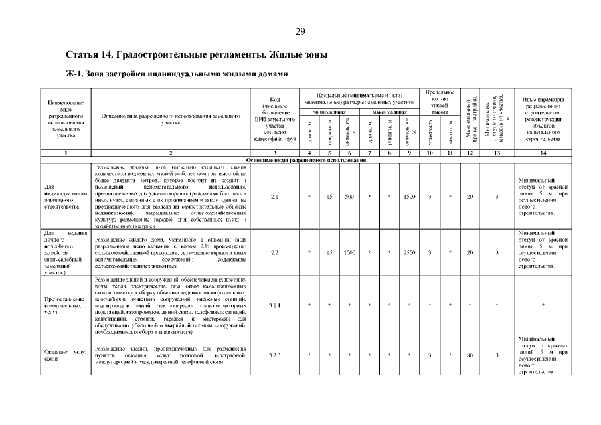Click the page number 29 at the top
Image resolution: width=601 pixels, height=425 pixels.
[300, 31]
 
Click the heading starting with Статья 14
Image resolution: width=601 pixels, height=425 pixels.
[197, 54]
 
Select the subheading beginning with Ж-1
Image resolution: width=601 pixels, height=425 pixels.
[175, 74]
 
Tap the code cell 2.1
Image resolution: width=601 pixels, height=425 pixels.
[274, 197]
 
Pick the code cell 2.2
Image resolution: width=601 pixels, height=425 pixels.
[274, 252]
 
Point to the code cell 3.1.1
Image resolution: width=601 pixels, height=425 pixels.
[274, 305]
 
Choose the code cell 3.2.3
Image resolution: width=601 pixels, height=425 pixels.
[274, 356]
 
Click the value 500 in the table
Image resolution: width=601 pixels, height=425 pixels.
[350, 197]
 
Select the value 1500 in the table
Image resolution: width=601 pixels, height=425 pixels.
[409, 197]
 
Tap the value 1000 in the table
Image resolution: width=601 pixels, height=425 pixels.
[350, 252]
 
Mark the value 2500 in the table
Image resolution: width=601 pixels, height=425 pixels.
[409, 252]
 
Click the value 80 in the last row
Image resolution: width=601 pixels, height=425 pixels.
[470, 356]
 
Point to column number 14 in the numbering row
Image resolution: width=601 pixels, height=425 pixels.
[543, 153]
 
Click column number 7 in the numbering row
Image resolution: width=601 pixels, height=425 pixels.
[369, 153]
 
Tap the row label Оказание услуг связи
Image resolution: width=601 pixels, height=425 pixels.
[66, 356]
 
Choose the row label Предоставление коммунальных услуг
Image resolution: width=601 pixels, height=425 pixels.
[66, 305]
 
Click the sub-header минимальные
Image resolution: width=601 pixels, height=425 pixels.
[330, 112]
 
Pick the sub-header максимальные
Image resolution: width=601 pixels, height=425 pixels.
[389, 112]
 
